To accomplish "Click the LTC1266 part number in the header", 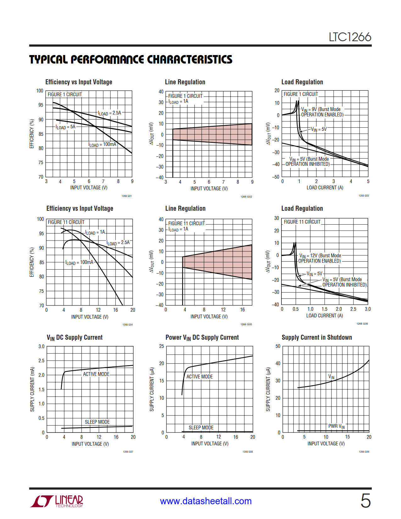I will (x=350, y=37).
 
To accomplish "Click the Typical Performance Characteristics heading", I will (x=131, y=59).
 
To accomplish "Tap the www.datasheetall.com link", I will (x=206, y=501).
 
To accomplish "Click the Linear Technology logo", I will (x=57, y=501).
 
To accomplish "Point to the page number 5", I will (x=365, y=500).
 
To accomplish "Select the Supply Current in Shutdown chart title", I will (x=317, y=337).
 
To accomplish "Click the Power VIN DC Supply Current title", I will (x=202, y=338).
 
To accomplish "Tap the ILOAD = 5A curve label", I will (x=65, y=127).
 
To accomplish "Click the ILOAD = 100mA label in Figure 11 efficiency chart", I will (x=79, y=262).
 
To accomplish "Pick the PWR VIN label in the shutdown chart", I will (x=336, y=426).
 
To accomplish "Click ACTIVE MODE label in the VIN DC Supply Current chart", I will (x=96, y=374).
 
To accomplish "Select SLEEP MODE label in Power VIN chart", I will (x=201, y=427).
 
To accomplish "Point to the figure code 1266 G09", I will (x=364, y=452).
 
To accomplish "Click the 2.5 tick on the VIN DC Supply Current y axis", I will (x=42, y=360).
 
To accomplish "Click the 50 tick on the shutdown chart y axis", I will (x=278, y=346).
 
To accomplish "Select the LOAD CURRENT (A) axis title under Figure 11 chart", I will (x=325, y=315).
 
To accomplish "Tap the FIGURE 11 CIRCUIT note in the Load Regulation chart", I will (x=302, y=222).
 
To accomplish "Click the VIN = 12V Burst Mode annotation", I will (x=320, y=258).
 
